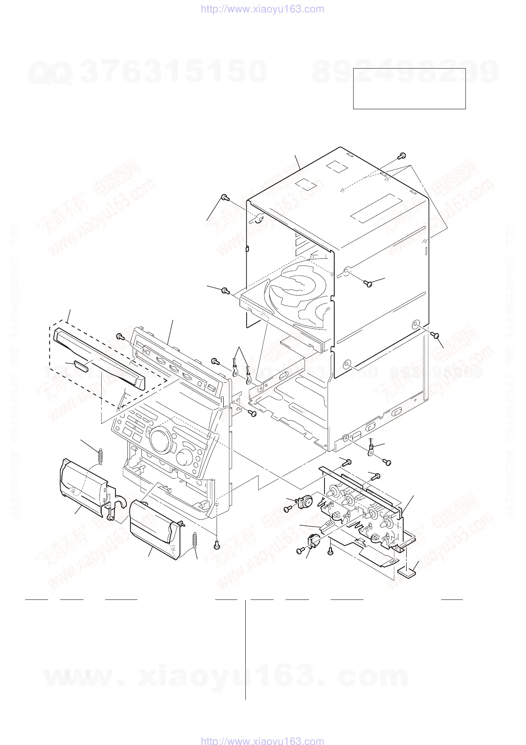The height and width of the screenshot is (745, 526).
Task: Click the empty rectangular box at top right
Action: tap(409, 88)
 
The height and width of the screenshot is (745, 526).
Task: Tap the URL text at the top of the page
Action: tap(262, 9)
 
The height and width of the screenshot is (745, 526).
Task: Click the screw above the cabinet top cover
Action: tap(402, 155)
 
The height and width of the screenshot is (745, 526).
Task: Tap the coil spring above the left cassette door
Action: tap(100, 457)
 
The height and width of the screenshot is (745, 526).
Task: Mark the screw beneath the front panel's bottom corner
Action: tap(216, 545)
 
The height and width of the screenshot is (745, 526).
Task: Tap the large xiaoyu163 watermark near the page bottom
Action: tap(225, 677)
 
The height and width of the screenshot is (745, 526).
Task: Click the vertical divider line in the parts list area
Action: tap(245, 650)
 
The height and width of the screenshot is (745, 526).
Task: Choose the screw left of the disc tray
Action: tap(225, 291)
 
